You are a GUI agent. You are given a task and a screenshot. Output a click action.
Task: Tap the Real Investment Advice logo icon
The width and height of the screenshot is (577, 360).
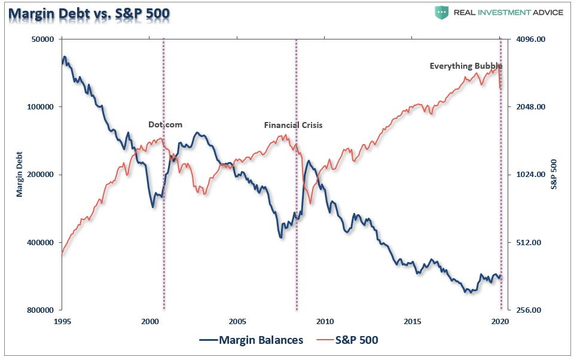[442, 12]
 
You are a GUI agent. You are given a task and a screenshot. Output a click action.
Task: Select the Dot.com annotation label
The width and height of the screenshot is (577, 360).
[165, 125]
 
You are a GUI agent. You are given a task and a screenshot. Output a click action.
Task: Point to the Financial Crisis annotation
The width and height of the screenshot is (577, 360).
[293, 126]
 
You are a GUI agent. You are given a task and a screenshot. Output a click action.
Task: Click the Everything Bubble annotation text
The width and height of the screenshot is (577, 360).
[466, 66]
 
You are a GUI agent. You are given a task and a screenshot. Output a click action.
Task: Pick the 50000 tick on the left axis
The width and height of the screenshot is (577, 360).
[42, 39]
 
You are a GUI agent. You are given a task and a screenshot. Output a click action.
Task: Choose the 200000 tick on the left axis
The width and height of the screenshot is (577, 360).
[41, 175]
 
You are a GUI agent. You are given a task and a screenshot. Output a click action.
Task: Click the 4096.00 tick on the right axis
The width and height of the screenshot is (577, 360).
[529, 39]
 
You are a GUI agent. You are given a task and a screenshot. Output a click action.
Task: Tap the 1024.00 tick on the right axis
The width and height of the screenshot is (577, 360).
[529, 175]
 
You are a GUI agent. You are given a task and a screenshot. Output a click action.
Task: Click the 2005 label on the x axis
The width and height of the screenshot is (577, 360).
[237, 321]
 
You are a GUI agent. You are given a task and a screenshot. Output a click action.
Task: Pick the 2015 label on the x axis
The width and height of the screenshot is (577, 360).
[413, 321]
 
